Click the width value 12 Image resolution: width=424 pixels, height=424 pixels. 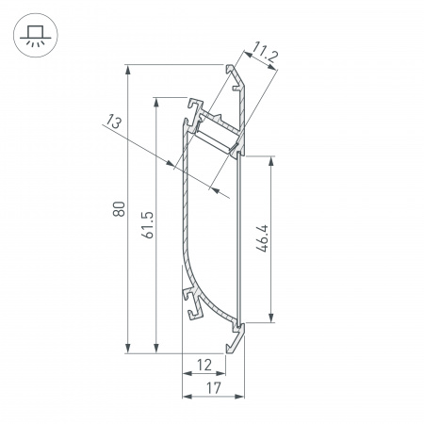click(203, 365)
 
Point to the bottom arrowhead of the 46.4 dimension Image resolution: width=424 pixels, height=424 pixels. click(272, 318)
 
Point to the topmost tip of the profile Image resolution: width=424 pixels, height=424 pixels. click(229, 67)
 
